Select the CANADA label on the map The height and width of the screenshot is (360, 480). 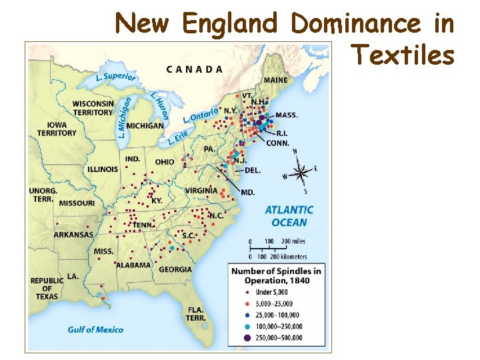pyautogui.click(x=195, y=69)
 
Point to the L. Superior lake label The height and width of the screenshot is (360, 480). pyautogui.click(x=116, y=77)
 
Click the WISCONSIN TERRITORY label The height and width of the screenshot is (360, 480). pyautogui.click(x=93, y=108)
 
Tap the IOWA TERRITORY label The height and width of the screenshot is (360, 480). pyautogui.click(x=57, y=129)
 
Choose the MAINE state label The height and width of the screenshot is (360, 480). pyautogui.click(x=275, y=81)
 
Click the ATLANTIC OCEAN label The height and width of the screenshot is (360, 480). pyautogui.click(x=289, y=216)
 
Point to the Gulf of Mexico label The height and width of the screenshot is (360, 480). pyautogui.click(x=95, y=329)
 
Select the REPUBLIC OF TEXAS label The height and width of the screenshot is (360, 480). pyautogui.click(x=47, y=288)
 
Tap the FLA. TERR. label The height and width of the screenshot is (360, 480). pyautogui.click(x=195, y=313)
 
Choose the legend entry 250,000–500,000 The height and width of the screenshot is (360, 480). pyautogui.click(x=275, y=338)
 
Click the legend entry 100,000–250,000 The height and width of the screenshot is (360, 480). pyautogui.click(x=275, y=327)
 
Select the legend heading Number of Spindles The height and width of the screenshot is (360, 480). pyautogui.click(x=276, y=275)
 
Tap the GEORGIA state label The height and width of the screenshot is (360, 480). pyautogui.click(x=175, y=270)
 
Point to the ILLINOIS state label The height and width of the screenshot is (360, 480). pyautogui.click(x=102, y=169)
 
